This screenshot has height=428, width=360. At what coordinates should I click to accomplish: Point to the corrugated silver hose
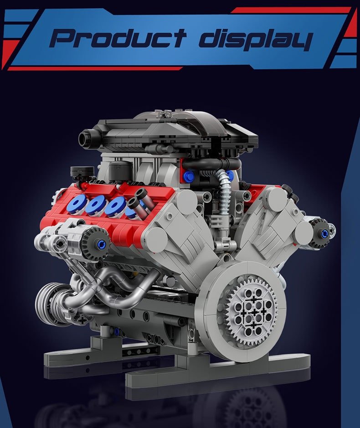pyautogui.click(x=224, y=196)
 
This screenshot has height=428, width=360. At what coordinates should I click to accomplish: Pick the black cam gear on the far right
pyautogui.click(x=322, y=233)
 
